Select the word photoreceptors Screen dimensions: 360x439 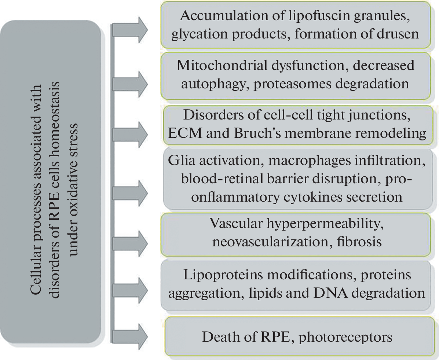pos(345,336)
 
